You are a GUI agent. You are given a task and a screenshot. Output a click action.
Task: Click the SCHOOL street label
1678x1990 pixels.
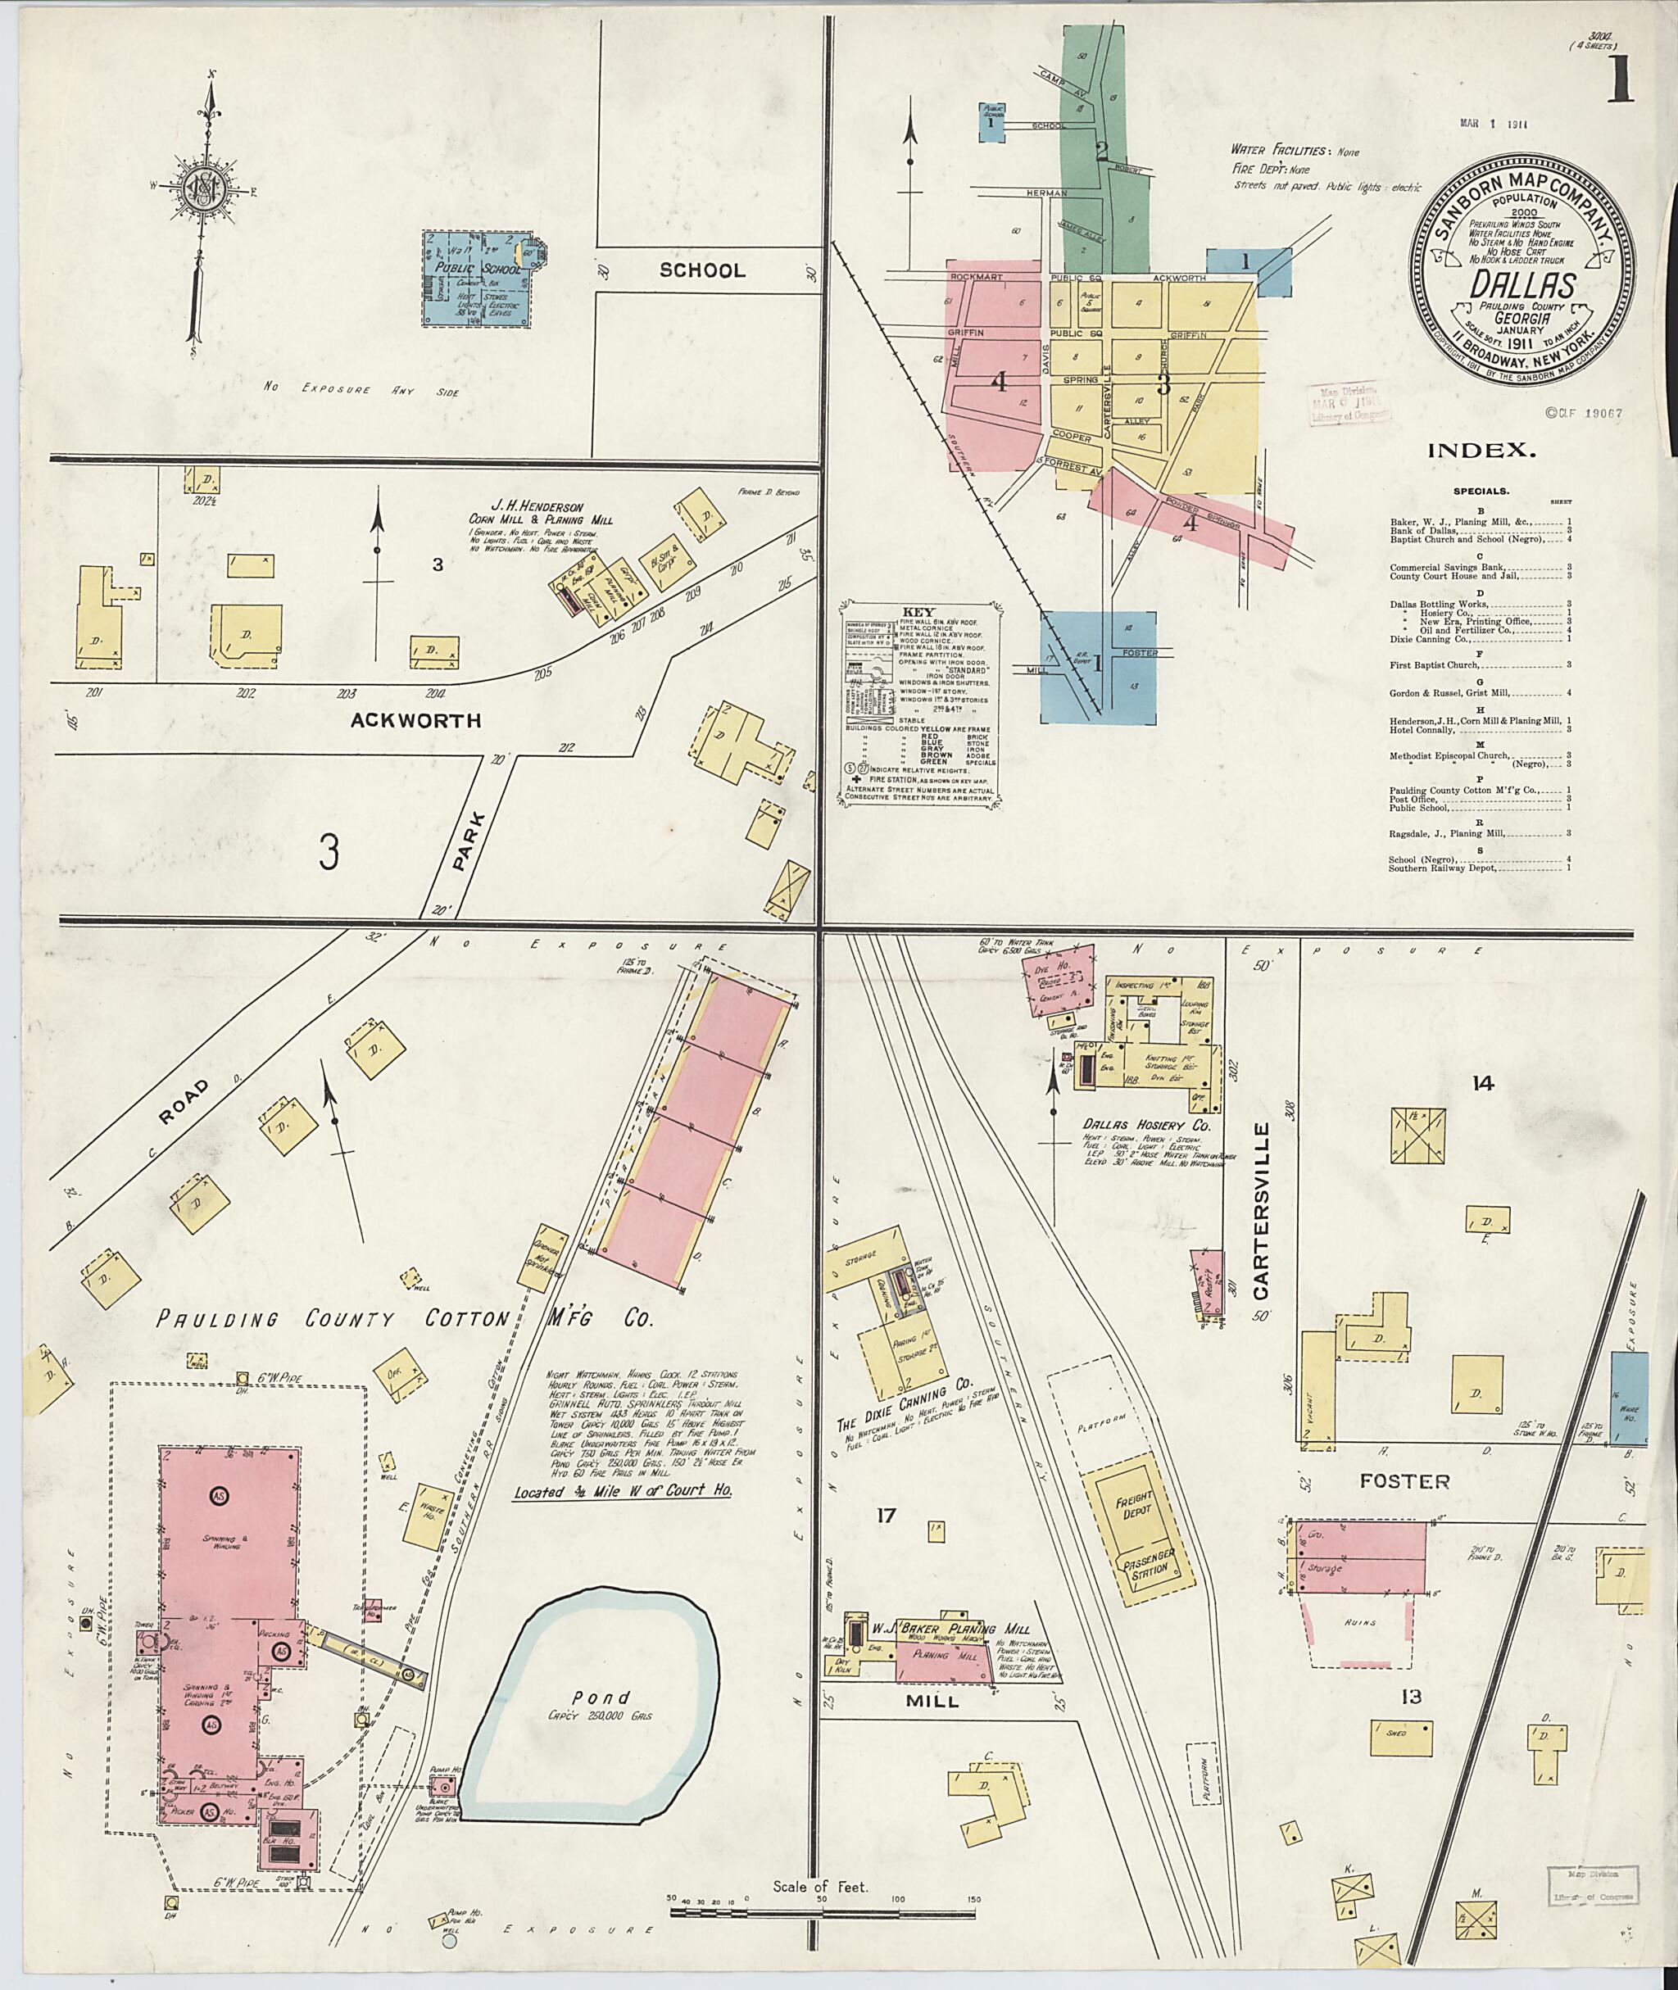703,270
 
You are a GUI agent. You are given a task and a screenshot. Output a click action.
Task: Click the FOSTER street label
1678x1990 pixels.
1404,1481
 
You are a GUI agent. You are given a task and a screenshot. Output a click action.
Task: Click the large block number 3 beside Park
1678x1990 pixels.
329,852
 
